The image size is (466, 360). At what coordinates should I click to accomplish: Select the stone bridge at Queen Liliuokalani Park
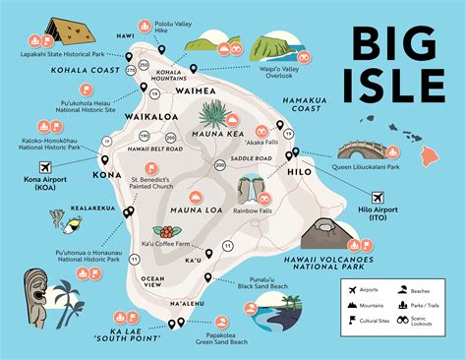pyautogui.click(x=369, y=149)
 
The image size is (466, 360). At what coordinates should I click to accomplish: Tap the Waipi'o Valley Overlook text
pyautogui.click(x=284, y=94)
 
